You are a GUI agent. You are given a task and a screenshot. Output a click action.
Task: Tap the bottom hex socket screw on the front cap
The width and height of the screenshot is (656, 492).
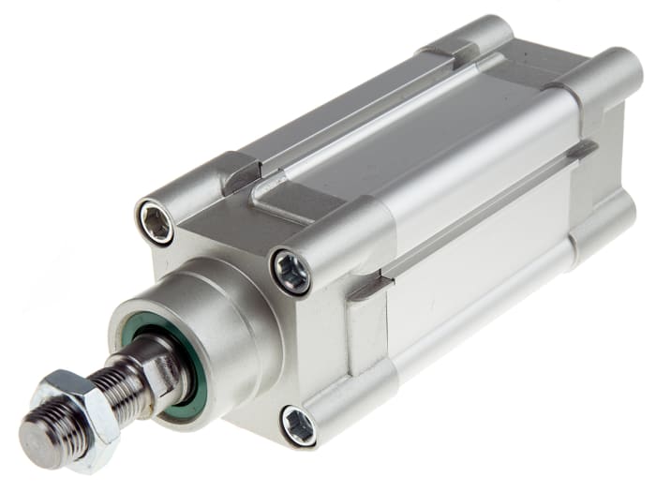click(x=298, y=426)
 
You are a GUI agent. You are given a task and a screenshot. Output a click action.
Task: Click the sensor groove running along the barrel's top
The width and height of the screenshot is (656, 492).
click(x=375, y=122)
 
